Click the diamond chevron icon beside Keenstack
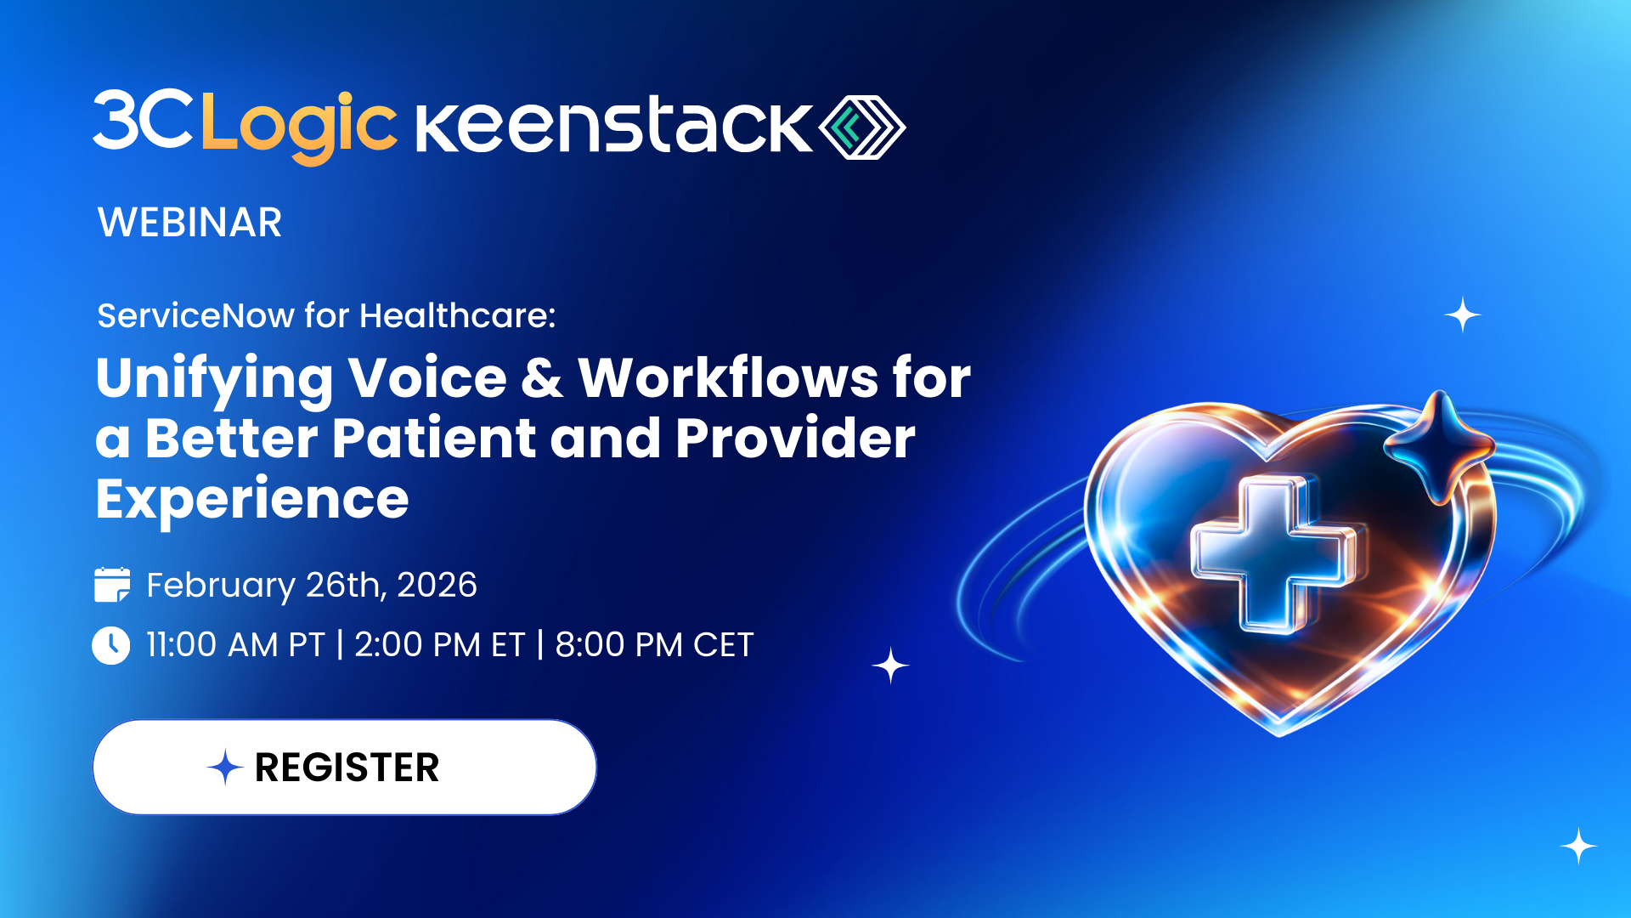coord(861,127)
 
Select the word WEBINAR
coord(189,223)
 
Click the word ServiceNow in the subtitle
coord(195,316)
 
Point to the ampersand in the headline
coord(542,377)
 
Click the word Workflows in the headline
coord(728,377)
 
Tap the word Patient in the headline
coord(433,439)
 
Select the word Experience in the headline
coord(252,499)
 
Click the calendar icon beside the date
coord(112,585)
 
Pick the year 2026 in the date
coord(437,585)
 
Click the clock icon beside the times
coord(111,645)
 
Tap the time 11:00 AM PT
coord(235,645)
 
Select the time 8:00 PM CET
coord(654,645)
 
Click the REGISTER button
coord(345,768)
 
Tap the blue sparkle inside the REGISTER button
coord(225,768)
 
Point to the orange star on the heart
coord(1439,445)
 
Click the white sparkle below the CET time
coord(890,666)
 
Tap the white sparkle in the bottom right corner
coord(1578,846)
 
